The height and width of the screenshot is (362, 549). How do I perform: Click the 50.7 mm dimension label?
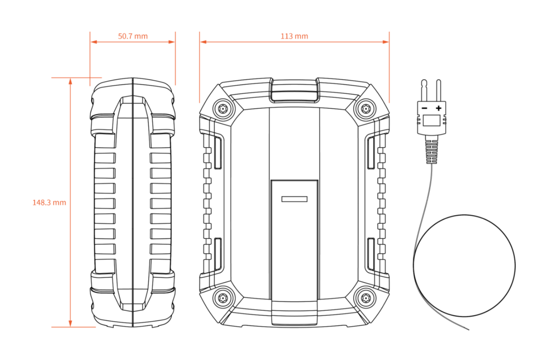tap(133, 36)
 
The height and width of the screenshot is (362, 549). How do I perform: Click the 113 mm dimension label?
tap(294, 36)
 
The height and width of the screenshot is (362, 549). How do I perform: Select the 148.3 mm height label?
tap(49, 203)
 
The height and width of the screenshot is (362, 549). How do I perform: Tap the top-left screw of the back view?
tap(223, 108)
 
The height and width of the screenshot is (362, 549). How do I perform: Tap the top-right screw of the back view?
tap(366, 108)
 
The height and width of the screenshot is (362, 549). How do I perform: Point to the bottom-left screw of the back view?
tap(223, 298)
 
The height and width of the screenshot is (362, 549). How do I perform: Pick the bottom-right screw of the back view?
tap(366, 298)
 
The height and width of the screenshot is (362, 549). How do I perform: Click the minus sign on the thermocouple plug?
tap(424, 108)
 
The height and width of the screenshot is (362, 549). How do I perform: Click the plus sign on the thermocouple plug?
tap(438, 108)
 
